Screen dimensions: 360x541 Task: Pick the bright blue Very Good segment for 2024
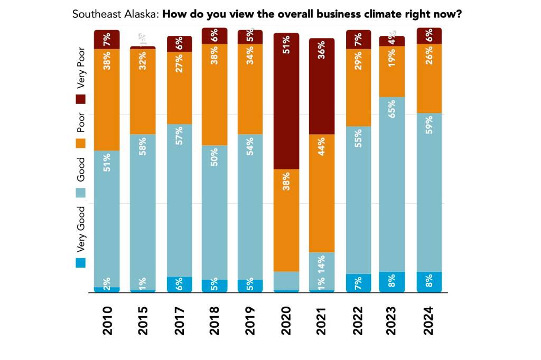(x=429, y=281)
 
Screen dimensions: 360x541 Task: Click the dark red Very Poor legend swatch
(x=80, y=99)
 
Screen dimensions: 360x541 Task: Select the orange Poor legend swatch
(x=80, y=143)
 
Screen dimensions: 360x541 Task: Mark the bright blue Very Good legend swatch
(x=80, y=262)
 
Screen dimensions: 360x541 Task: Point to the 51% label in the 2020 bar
(x=286, y=44)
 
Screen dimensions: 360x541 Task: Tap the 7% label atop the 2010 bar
(x=107, y=39)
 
